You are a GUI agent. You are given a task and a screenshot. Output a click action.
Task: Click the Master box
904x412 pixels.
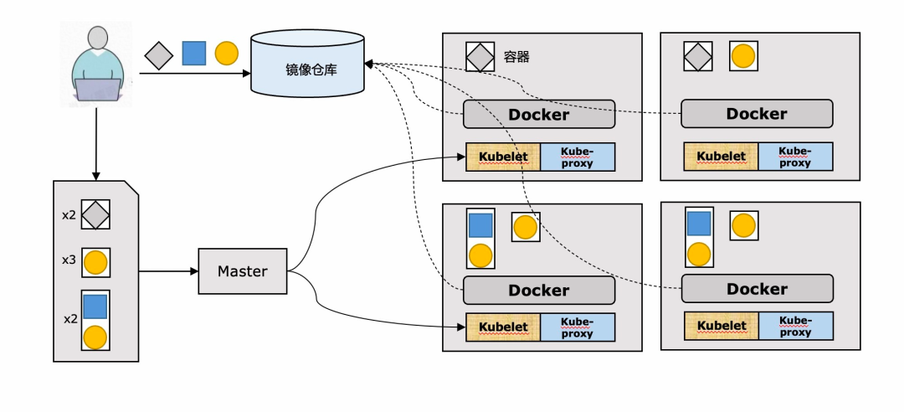243,271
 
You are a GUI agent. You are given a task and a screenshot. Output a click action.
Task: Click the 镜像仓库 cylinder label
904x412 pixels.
311,70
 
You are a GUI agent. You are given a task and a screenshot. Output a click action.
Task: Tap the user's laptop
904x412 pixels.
98,90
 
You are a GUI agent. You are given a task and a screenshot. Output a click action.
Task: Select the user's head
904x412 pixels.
98,38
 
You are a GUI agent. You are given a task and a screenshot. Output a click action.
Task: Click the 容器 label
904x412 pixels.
516,57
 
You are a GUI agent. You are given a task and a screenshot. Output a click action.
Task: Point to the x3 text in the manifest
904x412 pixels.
69,260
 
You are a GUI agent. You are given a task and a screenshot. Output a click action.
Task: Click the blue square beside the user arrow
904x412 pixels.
193,53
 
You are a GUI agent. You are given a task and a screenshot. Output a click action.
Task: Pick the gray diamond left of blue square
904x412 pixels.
159,55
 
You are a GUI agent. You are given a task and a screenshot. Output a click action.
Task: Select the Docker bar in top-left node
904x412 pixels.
539,114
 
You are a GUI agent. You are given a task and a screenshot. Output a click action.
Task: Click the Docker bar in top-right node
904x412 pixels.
757,114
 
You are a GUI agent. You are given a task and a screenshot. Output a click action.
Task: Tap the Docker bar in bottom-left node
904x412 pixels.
539,291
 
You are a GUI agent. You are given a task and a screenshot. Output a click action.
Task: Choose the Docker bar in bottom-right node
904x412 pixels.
757,289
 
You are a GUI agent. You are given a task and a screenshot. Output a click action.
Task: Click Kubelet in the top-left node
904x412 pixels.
503,157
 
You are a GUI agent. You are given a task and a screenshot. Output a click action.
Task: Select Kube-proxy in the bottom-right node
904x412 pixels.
796,326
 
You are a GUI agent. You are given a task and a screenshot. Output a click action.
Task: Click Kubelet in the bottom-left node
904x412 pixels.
503,327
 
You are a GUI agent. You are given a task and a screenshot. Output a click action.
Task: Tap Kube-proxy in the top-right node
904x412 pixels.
795,157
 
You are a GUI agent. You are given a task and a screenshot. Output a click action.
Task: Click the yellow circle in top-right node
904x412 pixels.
744,57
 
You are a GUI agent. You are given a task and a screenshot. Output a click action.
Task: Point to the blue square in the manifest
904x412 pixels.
95,306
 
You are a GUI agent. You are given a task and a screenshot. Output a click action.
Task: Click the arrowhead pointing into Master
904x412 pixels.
194,271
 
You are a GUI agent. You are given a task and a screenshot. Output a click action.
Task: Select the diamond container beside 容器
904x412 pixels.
480,57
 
